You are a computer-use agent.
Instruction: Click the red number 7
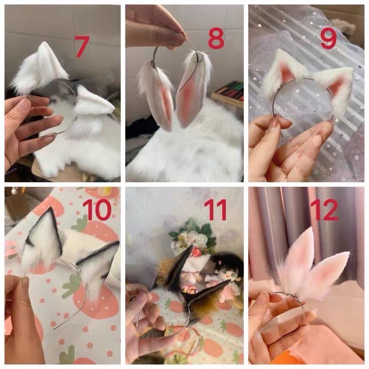pos(82,47)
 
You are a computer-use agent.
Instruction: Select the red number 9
pos(328,39)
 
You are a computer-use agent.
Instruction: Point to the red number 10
pos(97,210)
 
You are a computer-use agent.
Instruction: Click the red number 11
pos(215,210)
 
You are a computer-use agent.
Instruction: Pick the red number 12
pos(324,210)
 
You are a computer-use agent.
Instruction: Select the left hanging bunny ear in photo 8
pos(157,94)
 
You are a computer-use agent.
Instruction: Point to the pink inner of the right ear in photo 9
pos(337,87)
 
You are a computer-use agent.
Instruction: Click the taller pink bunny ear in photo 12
pos(299,261)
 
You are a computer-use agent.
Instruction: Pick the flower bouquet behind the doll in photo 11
pos(192,238)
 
